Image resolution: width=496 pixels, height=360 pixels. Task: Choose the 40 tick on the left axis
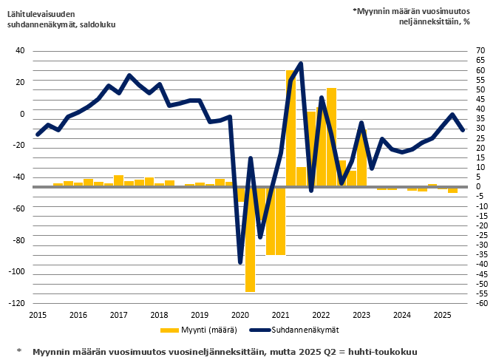[20, 51]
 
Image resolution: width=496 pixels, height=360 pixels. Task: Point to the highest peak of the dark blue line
[300, 64]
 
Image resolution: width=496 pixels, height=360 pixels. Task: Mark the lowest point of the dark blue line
[240, 262]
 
